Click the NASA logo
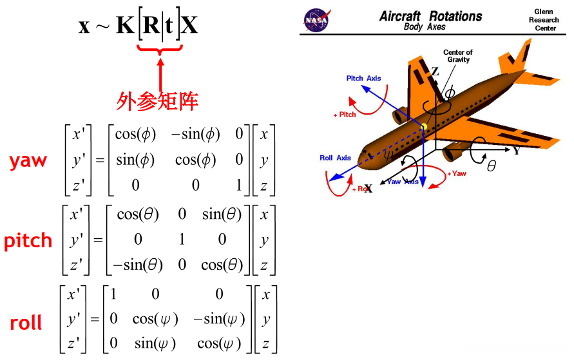(317, 20)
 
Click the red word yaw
(28, 161)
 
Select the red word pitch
(28, 241)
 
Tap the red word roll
(26, 322)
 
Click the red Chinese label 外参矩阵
(157, 100)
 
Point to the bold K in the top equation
(125, 26)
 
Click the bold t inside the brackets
(171, 26)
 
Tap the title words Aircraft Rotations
(430, 16)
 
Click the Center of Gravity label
(458, 56)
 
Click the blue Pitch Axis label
(363, 79)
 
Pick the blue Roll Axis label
(335, 158)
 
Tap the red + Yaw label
(455, 174)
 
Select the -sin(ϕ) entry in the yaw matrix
(195, 135)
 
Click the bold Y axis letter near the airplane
(517, 151)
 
